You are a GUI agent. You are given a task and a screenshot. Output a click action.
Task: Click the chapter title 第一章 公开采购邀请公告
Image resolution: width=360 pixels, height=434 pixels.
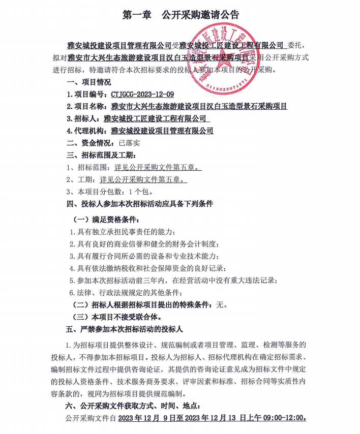[180, 15]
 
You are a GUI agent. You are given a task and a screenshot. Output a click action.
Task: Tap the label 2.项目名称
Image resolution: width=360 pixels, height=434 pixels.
[87, 107]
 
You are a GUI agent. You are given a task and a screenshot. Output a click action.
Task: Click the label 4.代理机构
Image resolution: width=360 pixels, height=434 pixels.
[87, 131]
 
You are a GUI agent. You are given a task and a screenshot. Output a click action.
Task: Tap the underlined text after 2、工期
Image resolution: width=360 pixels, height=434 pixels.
[144, 179]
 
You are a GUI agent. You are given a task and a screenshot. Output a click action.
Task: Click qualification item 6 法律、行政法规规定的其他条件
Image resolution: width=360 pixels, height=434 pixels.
[125, 292]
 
